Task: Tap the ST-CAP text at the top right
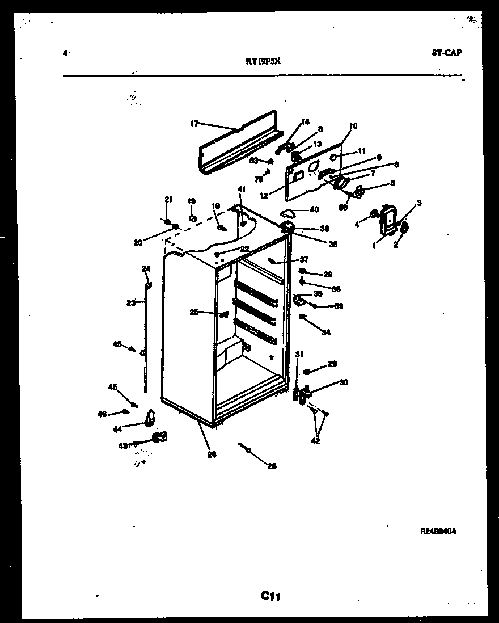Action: pos(446,53)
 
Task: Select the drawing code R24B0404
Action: pos(438,532)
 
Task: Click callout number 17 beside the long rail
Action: pos(193,123)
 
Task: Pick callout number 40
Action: pos(314,209)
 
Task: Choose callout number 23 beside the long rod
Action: pos(130,303)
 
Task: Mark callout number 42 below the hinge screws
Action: pos(316,440)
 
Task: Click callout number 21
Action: pos(168,199)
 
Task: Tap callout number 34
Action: pos(326,332)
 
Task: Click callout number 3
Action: pos(418,203)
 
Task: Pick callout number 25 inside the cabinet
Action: pos(194,311)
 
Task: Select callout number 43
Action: pos(122,445)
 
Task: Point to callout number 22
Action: pos(244,249)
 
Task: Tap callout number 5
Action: pos(392,183)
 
